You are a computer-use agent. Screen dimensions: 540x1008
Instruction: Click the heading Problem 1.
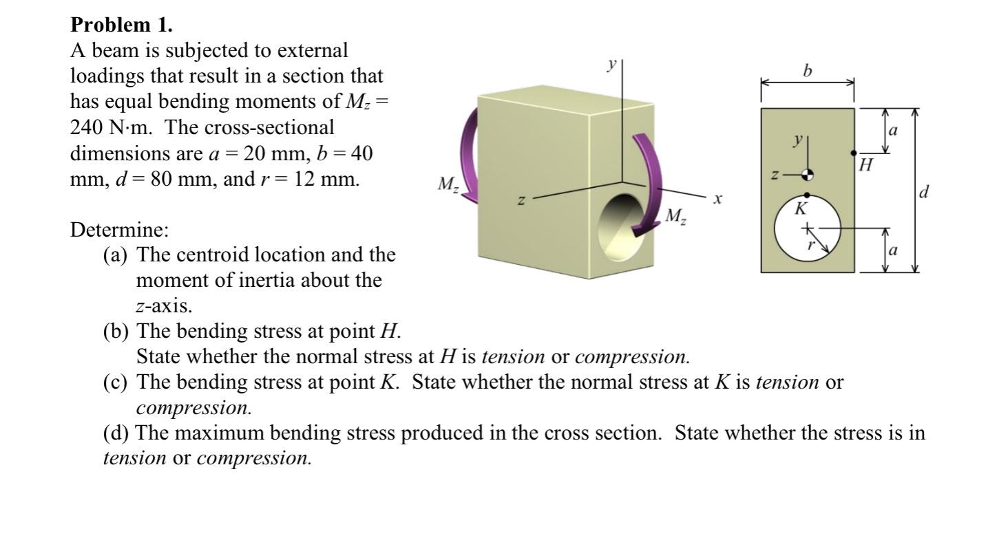point(122,25)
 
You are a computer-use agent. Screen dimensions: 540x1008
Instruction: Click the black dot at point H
point(854,153)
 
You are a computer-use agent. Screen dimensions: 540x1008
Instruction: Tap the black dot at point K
point(807,195)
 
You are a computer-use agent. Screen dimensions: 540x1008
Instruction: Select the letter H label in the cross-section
point(866,165)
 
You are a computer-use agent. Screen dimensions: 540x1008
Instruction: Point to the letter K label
point(801,208)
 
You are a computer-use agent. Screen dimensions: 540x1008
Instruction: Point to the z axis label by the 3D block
point(521,201)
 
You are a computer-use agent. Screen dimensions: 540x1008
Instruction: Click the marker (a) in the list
point(116,255)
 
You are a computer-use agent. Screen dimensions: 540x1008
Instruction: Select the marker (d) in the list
point(116,433)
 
